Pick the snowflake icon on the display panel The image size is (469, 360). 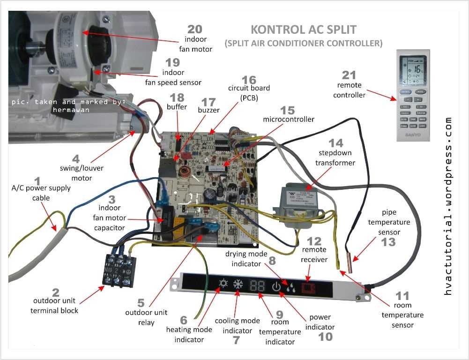click(x=238, y=284)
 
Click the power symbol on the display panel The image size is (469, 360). click(x=276, y=286)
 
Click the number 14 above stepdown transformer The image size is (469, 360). click(x=335, y=143)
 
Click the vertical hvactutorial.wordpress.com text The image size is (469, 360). click(x=448, y=206)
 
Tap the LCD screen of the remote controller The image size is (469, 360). click(x=413, y=69)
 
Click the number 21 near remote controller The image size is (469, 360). click(x=349, y=75)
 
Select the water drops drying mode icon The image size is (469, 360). click(x=290, y=287)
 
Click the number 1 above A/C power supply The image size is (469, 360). click(x=38, y=180)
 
